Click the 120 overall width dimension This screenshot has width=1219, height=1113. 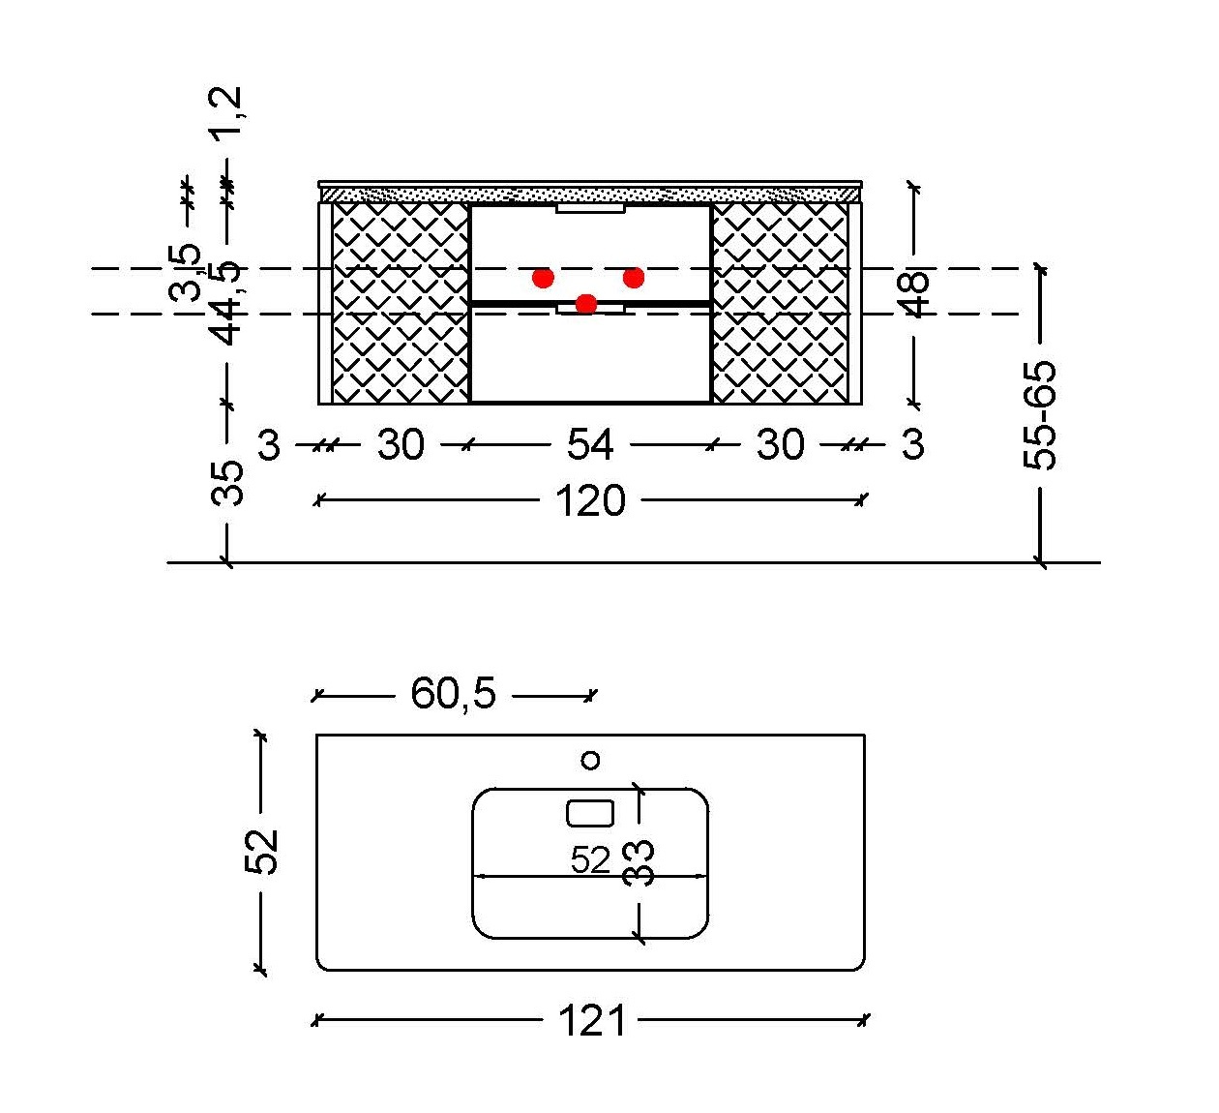(590, 500)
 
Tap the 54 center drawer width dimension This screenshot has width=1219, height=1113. (590, 444)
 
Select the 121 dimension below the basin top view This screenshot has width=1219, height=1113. (592, 1020)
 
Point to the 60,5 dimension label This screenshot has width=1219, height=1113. (454, 693)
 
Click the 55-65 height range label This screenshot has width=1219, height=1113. (1040, 415)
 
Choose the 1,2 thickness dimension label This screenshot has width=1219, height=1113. (226, 114)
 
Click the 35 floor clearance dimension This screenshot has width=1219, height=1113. (227, 484)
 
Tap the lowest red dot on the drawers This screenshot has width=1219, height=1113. (586, 303)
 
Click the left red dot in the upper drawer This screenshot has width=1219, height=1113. (544, 278)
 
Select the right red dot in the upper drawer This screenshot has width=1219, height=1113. (634, 278)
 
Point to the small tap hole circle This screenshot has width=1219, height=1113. (591, 760)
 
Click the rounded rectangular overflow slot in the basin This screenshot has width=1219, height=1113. (590, 814)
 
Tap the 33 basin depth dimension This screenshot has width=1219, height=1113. (639, 863)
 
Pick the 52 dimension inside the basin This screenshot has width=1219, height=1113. (590, 860)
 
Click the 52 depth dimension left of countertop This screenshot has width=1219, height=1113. (261, 852)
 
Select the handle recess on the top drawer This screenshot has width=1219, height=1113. (591, 209)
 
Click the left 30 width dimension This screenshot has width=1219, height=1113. (401, 444)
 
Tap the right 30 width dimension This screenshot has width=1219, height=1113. (781, 444)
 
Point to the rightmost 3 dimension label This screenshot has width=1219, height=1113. (912, 444)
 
